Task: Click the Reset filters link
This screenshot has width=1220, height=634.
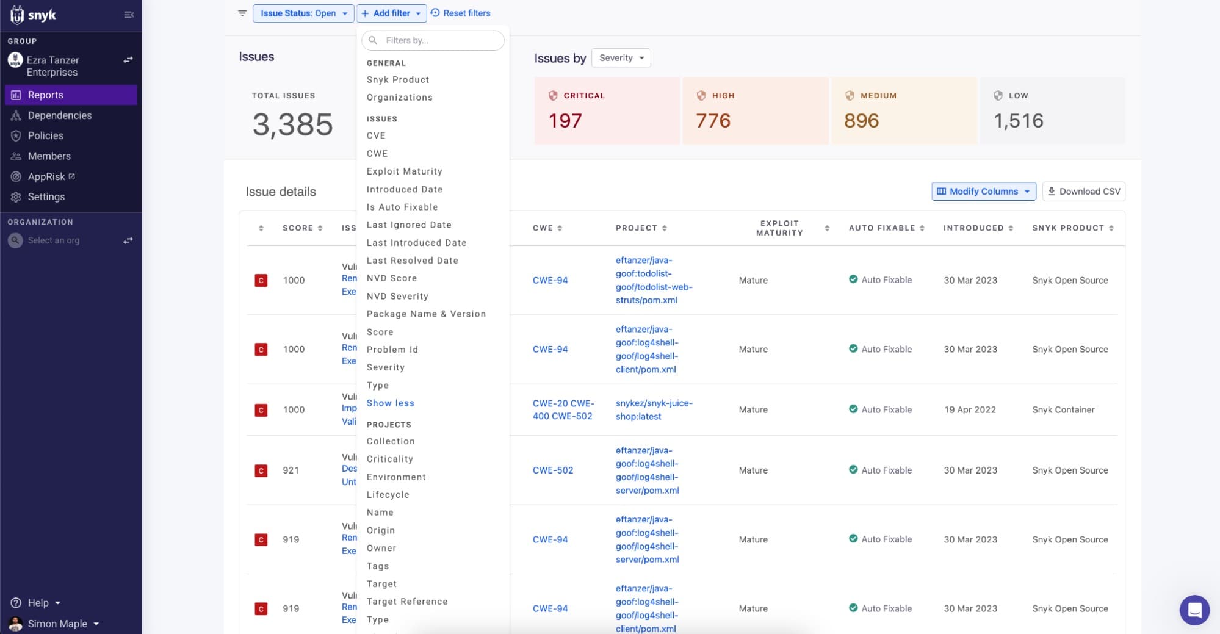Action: [x=461, y=13]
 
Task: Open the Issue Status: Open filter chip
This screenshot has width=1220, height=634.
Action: [x=303, y=13]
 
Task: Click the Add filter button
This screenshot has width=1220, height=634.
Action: [x=391, y=13]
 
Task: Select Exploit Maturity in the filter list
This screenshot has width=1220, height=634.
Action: [x=404, y=171]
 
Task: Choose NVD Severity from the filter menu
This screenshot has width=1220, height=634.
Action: [x=397, y=296]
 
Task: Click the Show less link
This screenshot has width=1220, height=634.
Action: [x=390, y=403]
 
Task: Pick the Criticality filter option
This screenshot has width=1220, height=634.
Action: [x=389, y=459]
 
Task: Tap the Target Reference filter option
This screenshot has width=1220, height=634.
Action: [x=407, y=602]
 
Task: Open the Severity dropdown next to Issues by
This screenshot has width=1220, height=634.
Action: [x=621, y=58]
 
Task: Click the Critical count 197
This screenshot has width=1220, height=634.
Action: [x=565, y=121]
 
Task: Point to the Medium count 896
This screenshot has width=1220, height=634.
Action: [x=861, y=121]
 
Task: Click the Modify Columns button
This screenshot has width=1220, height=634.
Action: [x=983, y=192]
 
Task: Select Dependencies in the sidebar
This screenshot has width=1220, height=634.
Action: [x=60, y=115]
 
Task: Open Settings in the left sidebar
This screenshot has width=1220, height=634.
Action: [x=46, y=196]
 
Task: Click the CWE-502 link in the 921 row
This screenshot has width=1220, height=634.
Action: [x=553, y=470]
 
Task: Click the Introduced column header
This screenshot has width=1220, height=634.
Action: [x=973, y=228]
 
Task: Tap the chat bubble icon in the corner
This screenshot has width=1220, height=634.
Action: [x=1194, y=610]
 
